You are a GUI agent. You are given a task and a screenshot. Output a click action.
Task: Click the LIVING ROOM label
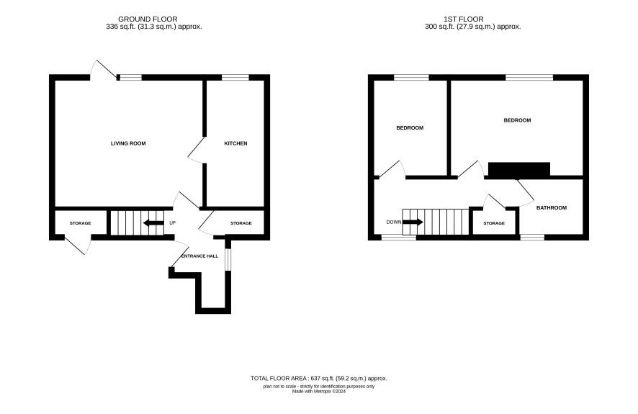pos(128,143)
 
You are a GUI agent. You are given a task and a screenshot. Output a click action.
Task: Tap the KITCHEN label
pos(236,143)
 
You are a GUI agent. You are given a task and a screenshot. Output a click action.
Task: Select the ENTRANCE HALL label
pos(199,256)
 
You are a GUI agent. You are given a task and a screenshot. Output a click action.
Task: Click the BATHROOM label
pos(552,207)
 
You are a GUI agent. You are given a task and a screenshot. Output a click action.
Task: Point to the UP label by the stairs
pos(173,223)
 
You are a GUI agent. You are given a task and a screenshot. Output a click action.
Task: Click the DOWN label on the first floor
pos(394,222)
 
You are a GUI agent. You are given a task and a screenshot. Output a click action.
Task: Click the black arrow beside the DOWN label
pos(413,222)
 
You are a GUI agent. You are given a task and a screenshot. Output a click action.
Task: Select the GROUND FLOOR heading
pos(148,19)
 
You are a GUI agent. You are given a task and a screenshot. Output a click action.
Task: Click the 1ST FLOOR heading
pos(464,19)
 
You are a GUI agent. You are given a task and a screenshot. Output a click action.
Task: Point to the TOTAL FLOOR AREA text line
pos(318,378)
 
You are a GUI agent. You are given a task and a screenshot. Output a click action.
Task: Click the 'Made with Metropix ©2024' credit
pos(319,392)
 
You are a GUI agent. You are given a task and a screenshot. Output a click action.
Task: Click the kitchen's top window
pos(235,77)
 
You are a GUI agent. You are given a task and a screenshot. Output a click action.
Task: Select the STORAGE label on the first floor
pos(494,223)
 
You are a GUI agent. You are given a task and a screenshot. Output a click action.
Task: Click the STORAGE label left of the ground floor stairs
pos(80,223)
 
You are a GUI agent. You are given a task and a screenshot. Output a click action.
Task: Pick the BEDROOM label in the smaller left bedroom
pos(410,127)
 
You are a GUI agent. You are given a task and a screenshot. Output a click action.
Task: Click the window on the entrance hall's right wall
pos(228,259)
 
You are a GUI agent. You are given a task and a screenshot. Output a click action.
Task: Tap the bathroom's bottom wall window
pos(532,237)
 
